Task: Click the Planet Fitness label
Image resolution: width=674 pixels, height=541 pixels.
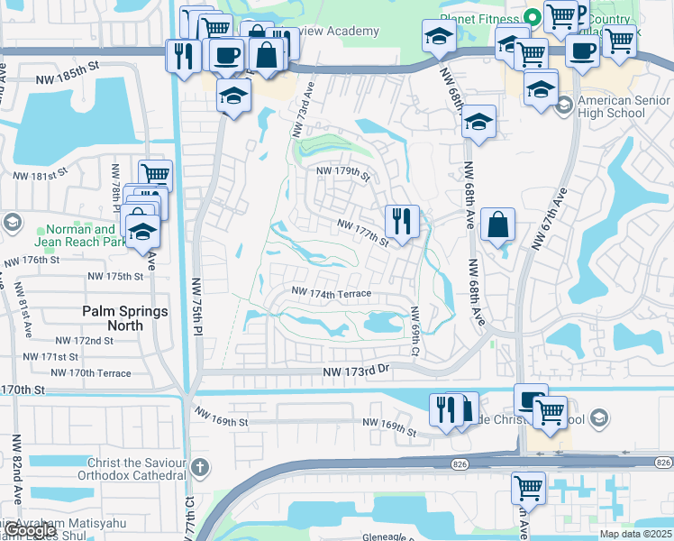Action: [x=477, y=17]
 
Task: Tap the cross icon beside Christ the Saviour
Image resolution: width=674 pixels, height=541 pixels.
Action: [x=199, y=468]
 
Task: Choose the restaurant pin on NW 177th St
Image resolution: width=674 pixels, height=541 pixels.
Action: [x=402, y=221]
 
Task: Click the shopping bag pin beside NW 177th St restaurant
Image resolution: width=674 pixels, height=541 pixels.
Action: [x=498, y=225]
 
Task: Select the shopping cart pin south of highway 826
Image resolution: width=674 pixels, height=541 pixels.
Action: [x=528, y=488]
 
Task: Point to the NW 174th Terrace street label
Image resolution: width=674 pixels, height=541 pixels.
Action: [x=331, y=293]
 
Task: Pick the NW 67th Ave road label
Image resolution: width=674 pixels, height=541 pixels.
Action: [x=551, y=219]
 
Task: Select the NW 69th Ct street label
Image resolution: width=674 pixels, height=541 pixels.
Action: [x=415, y=330]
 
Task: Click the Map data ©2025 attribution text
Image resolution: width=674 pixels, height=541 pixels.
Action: [x=633, y=534]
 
